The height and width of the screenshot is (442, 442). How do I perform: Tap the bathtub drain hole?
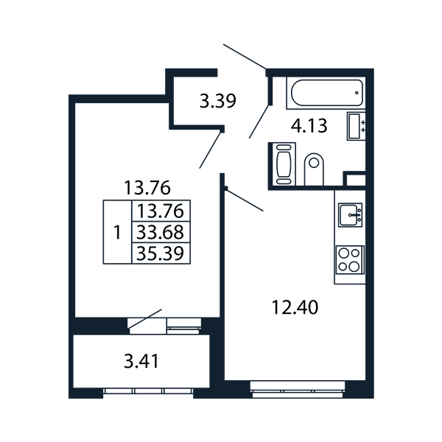point(357,93)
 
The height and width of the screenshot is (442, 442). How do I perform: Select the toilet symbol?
point(314,169)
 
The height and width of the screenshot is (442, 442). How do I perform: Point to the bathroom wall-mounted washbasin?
point(357,126)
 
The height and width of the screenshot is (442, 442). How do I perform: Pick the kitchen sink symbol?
point(350,215)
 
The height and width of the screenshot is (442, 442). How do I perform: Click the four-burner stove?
point(350,259)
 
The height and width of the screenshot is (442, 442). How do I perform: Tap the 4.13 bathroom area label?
point(309,126)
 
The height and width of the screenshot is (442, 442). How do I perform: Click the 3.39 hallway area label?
point(217,101)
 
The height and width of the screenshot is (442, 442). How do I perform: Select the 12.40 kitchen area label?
point(295,307)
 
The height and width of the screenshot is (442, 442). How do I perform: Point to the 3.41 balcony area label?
point(141,361)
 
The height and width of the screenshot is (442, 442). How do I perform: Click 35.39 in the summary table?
point(160,253)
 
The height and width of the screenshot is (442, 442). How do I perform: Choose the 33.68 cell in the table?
point(161,232)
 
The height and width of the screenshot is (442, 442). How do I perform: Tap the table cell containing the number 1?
point(118,232)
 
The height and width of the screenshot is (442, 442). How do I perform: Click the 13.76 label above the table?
point(147,187)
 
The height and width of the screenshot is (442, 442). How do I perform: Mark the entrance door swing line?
point(245,57)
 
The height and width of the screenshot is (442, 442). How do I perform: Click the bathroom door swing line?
point(259,122)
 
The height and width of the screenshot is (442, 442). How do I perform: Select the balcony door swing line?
point(145,319)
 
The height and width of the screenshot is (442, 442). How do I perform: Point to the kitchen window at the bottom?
point(298,389)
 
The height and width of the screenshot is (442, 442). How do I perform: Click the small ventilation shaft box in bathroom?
point(356,180)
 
